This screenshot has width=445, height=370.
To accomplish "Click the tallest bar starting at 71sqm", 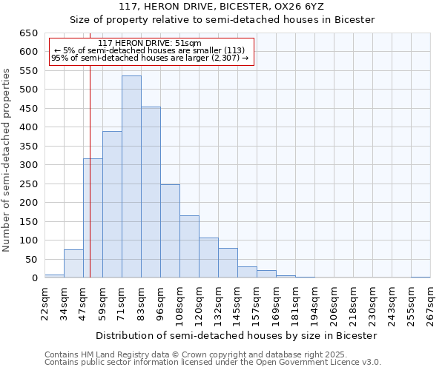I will tap(131, 177).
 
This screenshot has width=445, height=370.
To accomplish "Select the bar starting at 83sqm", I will tap(151, 192).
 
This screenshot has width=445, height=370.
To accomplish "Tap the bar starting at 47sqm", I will tap(93, 218).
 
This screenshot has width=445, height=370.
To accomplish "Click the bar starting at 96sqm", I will tap(170, 231).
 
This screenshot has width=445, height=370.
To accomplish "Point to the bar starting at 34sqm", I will tap(73, 263).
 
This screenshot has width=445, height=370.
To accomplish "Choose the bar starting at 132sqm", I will tap(228, 263).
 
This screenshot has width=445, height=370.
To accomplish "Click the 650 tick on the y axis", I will tap(28, 33).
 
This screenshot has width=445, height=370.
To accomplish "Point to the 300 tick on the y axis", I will tap(28, 165).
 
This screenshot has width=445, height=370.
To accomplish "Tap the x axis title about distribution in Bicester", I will tap(237, 335).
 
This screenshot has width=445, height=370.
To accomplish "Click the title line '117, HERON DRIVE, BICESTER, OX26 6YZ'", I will tap(222, 7).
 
